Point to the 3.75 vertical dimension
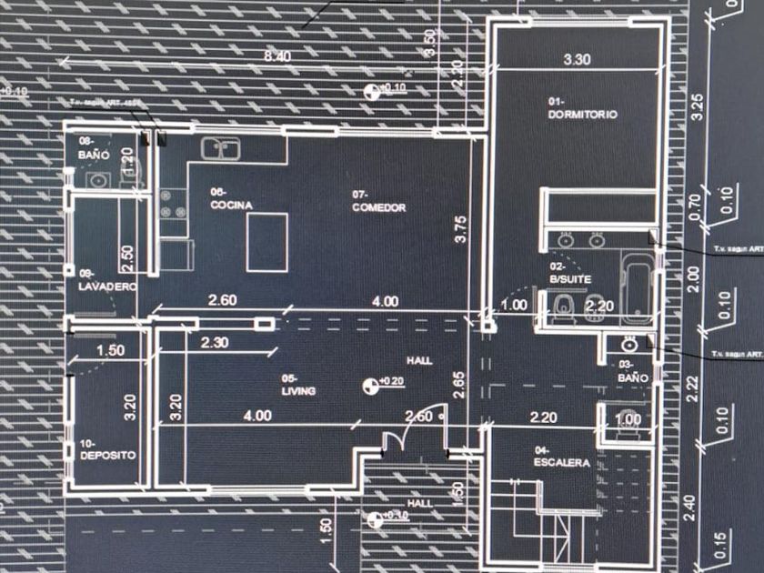(x=461, y=227)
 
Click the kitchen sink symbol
(x=219, y=147)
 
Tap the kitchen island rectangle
(x=267, y=242)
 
